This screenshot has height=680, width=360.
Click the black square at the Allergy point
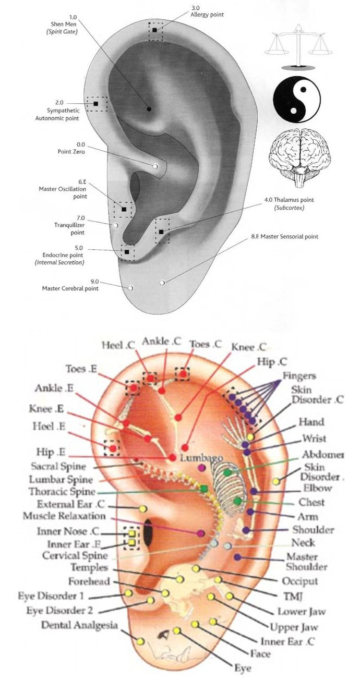click(155, 30)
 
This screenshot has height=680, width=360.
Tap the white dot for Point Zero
click(155, 166)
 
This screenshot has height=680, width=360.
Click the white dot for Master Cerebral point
click(131, 287)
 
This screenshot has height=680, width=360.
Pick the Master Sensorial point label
click(284, 236)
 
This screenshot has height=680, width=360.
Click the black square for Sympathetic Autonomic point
click(96, 104)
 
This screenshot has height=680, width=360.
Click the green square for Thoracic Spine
click(203, 489)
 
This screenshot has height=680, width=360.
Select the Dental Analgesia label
click(79, 625)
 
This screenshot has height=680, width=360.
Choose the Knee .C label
click(248, 346)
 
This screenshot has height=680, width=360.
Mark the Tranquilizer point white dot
click(116, 225)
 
